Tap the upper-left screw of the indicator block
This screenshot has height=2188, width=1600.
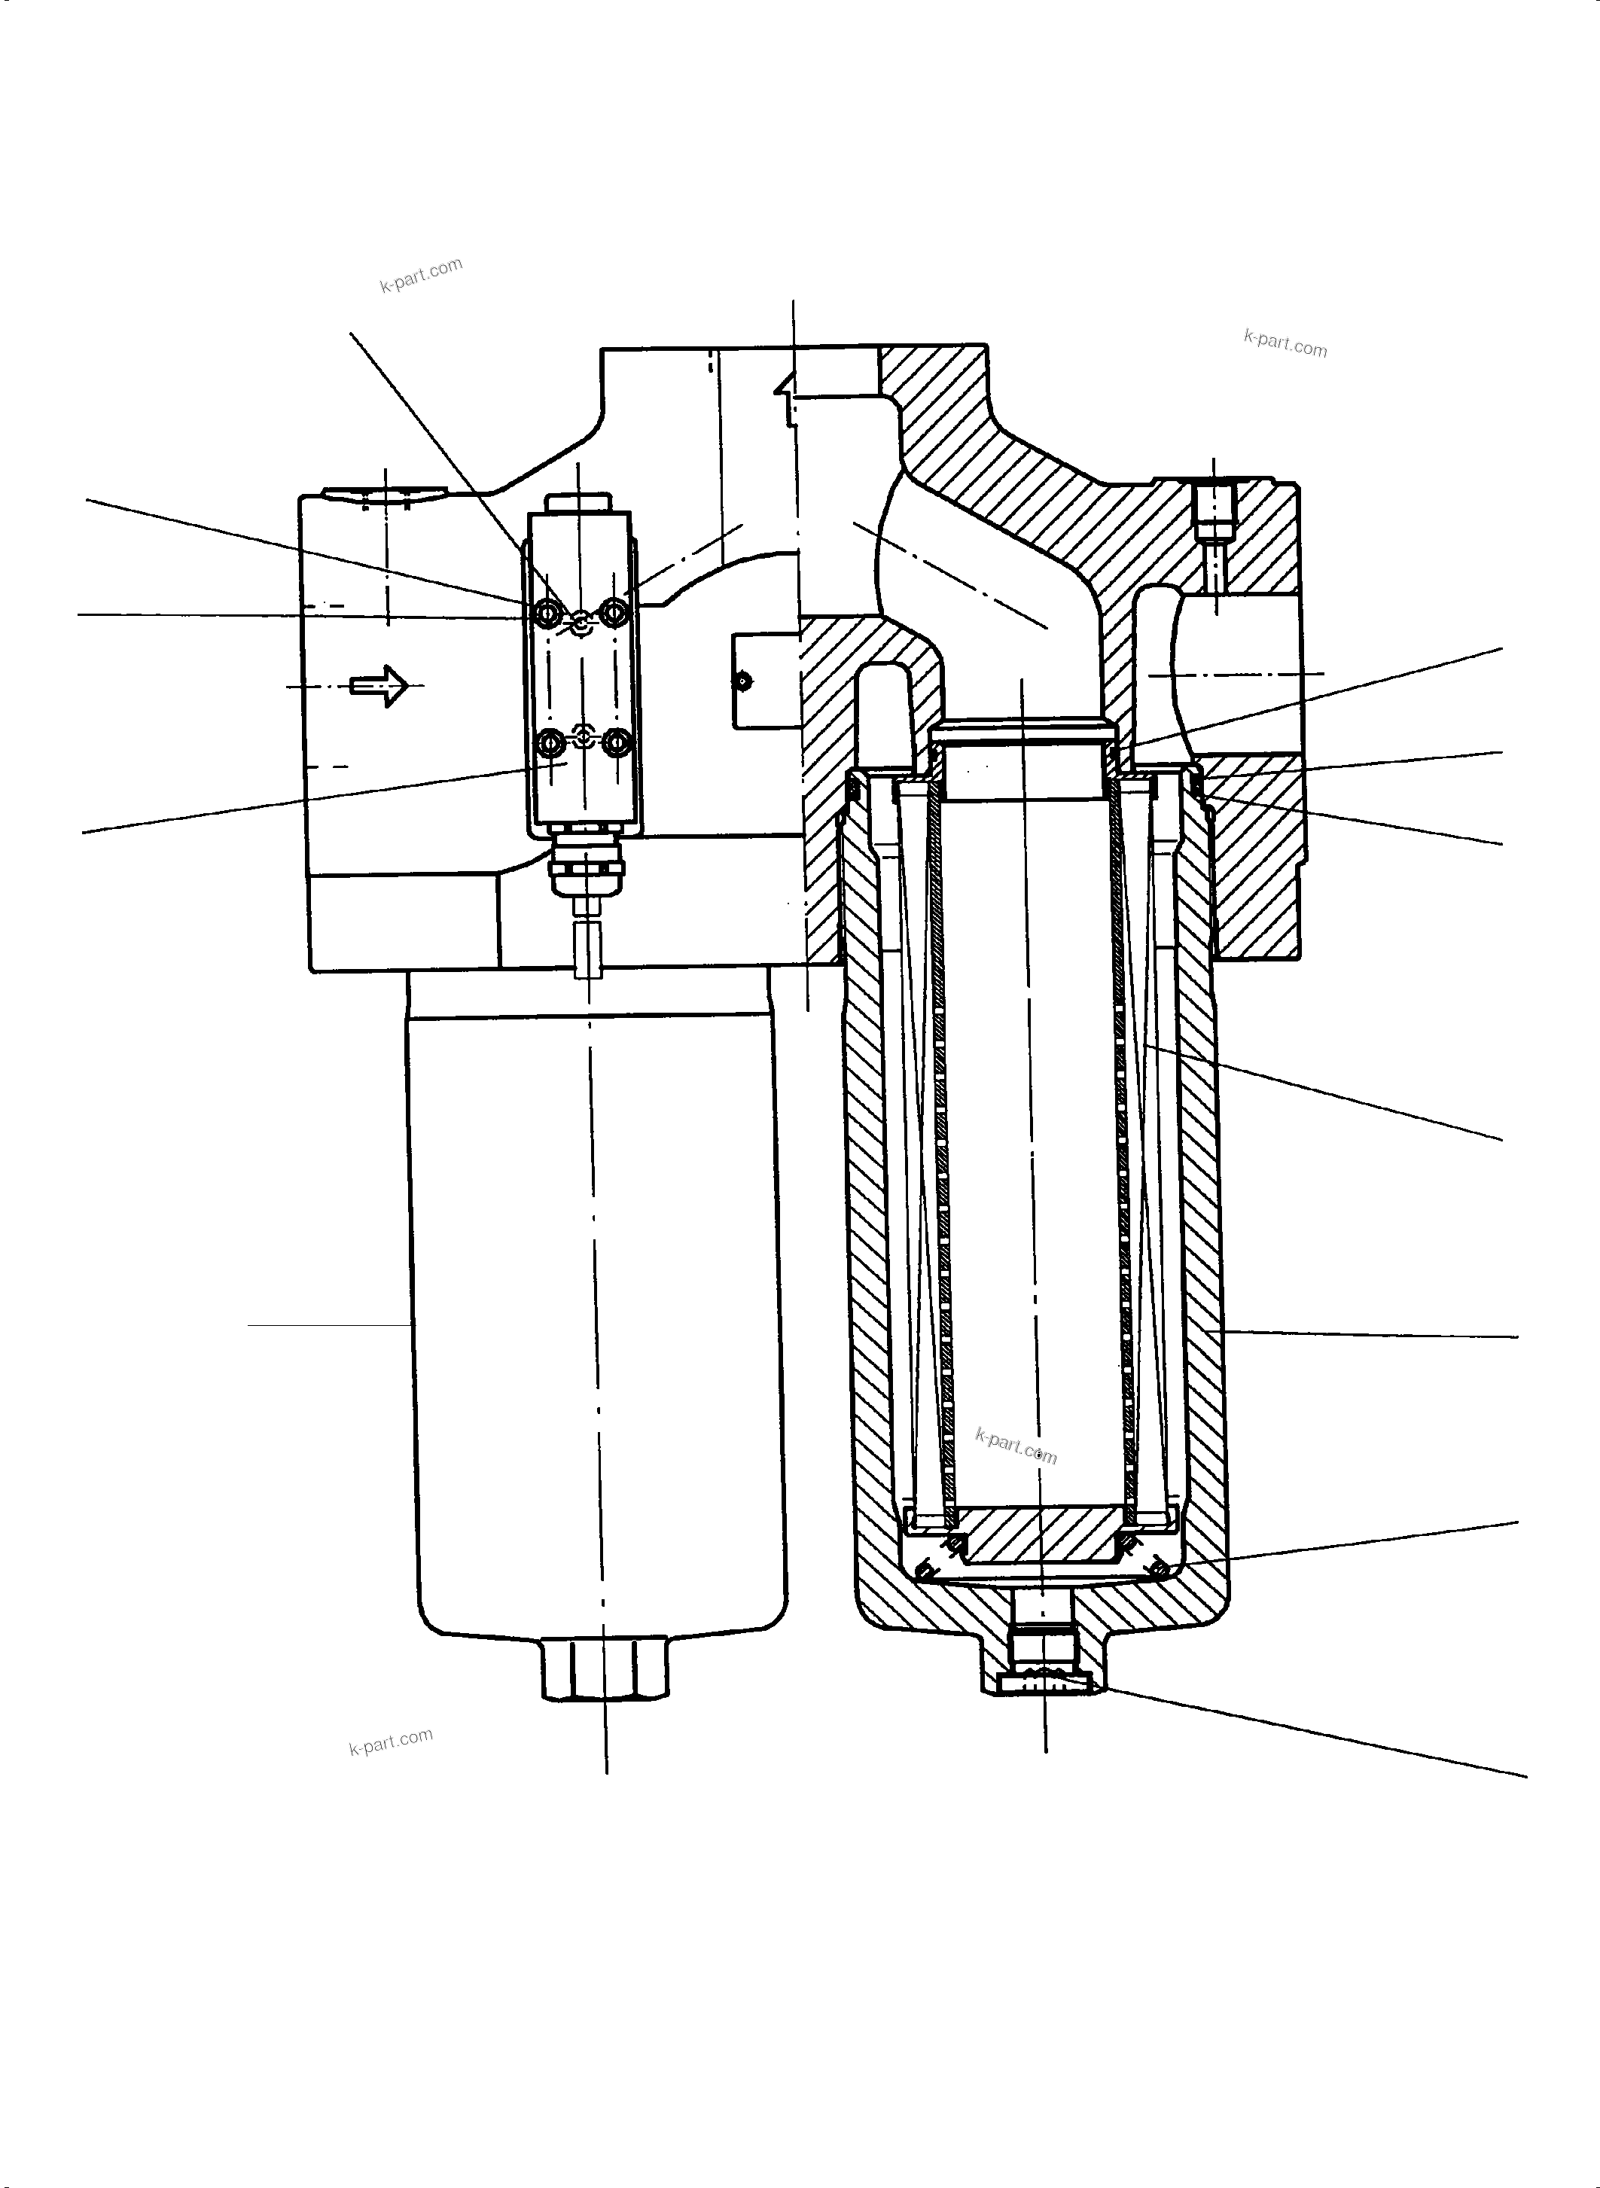click(x=549, y=612)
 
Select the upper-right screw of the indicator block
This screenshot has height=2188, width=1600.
click(x=615, y=612)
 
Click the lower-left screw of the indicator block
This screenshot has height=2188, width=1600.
click(x=549, y=743)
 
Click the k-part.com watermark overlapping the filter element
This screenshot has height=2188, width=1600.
click(x=1015, y=1447)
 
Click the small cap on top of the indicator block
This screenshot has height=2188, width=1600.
click(x=578, y=504)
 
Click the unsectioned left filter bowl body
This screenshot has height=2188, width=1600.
click(x=599, y=1308)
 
